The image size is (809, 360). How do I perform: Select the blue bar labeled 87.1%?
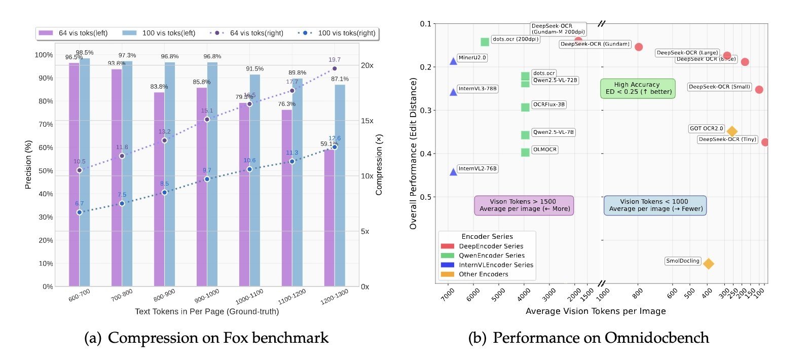click(340, 185)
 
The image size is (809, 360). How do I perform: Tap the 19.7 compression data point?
click(335, 68)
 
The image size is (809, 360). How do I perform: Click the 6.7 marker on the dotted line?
click(80, 212)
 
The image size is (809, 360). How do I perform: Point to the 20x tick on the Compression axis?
click(367, 65)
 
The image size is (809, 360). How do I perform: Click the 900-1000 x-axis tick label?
click(207, 295)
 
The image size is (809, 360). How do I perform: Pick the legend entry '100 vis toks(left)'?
click(159, 33)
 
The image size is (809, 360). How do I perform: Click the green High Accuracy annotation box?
click(638, 88)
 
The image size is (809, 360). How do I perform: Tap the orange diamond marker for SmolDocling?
click(709, 264)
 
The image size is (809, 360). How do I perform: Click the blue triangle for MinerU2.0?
click(453, 61)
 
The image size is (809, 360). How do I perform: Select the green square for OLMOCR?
click(525, 152)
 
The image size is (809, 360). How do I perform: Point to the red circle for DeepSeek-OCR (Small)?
click(759, 90)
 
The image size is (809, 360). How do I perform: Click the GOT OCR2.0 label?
click(706, 129)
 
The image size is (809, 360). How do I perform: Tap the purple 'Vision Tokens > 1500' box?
click(524, 205)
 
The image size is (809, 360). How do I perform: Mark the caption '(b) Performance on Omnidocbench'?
click(589, 338)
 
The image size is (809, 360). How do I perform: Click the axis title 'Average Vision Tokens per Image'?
click(596, 311)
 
